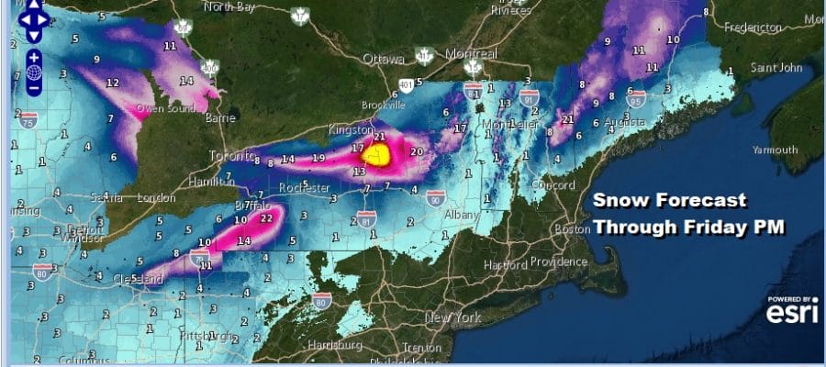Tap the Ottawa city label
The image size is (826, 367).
pyautogui.click(x=383, y=60)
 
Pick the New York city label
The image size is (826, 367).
pyautogui.click(x=453, y=317)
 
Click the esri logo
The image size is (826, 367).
pyautogui.click(x=792, y=311)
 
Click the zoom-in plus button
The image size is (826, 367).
pyautogui.click(x=33, y=57)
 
